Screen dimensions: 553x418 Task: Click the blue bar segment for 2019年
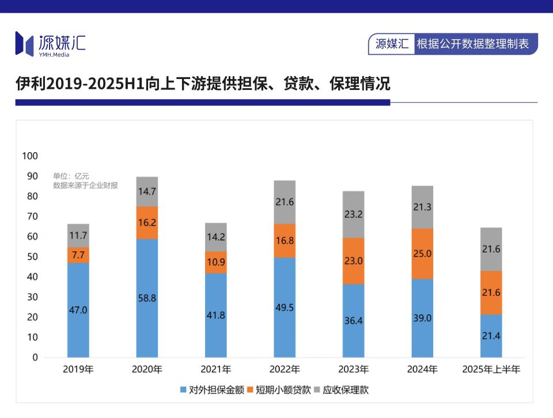tap(78, 310)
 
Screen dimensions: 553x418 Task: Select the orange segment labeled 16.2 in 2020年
tap(147, 223)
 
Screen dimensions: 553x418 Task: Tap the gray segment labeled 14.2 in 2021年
tap(216, 237)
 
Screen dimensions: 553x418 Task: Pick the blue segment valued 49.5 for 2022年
tap(285, 307)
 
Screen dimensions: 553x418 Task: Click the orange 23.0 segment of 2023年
tap(353, 261)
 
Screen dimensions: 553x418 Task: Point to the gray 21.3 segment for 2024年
tap(422, 207)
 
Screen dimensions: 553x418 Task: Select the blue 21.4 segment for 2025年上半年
tap(491, 336)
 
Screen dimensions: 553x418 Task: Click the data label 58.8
tap(147, 298)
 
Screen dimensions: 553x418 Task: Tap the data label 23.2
tap(353, 214)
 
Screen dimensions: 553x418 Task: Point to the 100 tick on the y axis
tap(30, 156)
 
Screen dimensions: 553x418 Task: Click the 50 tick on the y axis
tap(32, 257)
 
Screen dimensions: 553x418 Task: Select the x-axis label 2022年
tap(285, 369)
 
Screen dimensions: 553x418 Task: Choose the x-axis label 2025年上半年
tap(491, 369)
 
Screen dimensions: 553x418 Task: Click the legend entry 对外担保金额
tap(212, 390)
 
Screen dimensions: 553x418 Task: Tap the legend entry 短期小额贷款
tap(279, 390)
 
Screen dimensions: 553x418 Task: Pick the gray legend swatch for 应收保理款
tap(317, 390)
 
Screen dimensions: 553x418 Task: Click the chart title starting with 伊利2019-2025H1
tap(203, 84)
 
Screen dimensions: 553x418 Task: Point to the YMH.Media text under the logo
tap(54, 55)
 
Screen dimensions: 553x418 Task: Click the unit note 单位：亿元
tap(71, 176)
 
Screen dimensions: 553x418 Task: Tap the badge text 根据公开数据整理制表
tap(472, 44)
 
